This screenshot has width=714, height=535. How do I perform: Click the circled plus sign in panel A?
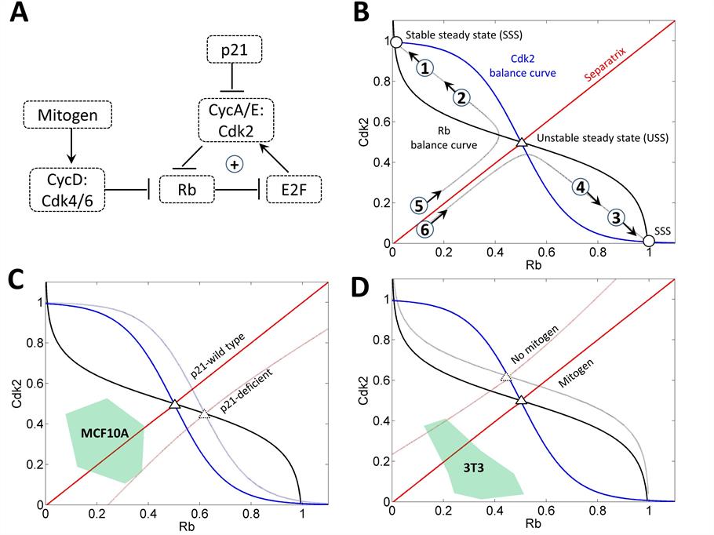tap(233, 163)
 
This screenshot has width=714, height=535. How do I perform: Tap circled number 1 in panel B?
tap(424, 68)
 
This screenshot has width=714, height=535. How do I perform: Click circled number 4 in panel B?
tap(581, 188)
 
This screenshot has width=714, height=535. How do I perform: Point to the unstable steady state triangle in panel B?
tap(521, 143)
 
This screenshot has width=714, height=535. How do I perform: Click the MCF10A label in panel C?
tap(104, 432)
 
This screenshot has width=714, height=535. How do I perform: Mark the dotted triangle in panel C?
tap(205, 414)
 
